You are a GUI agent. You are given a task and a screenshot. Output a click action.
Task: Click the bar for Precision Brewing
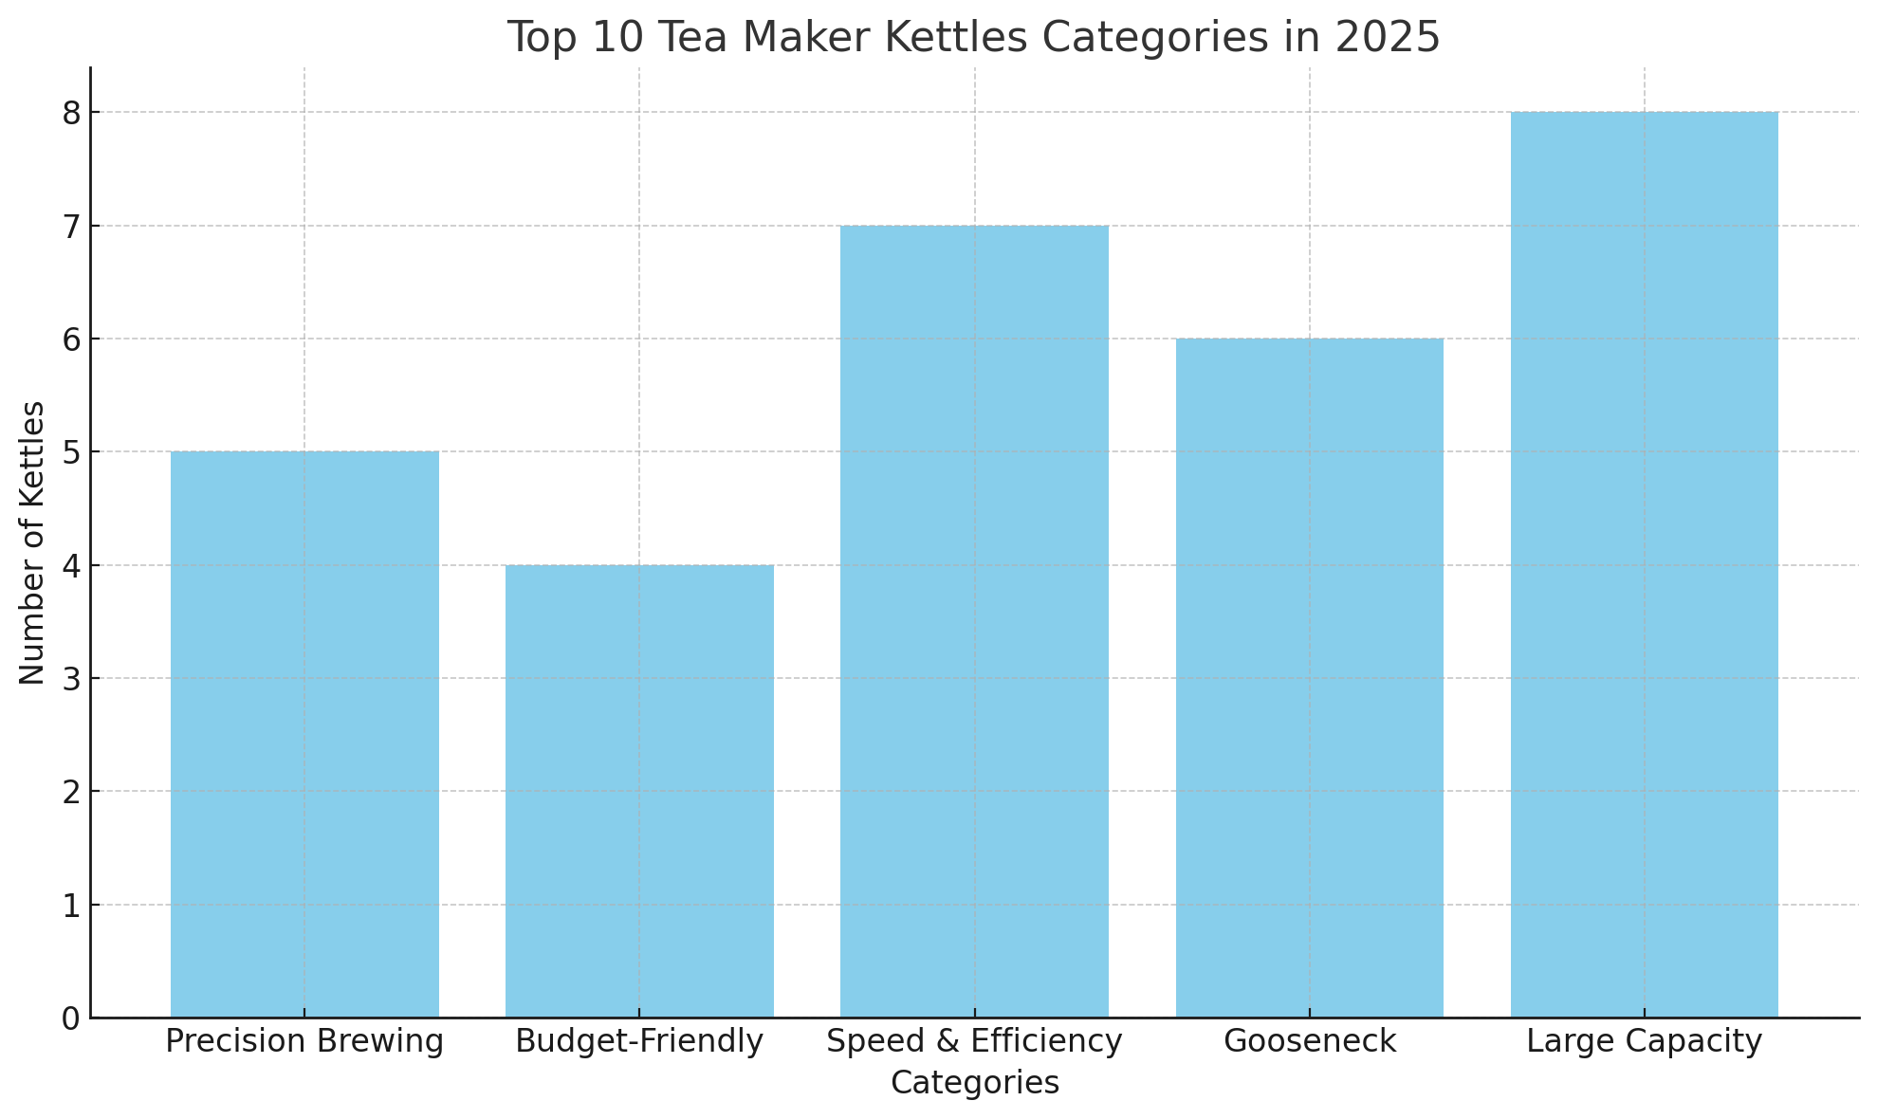tap(304, 734)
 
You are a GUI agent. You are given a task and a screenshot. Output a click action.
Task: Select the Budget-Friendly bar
tap(639, 791)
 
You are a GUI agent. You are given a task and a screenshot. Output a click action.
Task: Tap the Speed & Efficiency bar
tap(974, 621)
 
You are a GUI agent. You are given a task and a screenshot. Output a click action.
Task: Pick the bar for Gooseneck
tap(1309, 677)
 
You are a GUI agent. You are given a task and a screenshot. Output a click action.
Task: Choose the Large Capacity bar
tap(1644, 564)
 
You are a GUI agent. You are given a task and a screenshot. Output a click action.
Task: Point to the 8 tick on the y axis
tap(72, 113)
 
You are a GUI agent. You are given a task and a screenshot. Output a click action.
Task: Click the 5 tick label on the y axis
tap(72, 452)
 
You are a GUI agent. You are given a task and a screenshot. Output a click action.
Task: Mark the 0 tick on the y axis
tap(72, 1018)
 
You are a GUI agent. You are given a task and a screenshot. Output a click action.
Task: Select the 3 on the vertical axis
tap(72, 679)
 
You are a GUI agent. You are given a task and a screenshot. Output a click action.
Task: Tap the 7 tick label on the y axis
tap(72, 226)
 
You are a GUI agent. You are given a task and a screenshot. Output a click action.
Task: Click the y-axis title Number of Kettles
tap(32, 542)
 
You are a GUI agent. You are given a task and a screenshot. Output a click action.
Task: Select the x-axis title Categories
tap(974, 1083)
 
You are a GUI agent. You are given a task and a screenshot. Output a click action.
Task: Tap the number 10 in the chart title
tap(609, 38)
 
